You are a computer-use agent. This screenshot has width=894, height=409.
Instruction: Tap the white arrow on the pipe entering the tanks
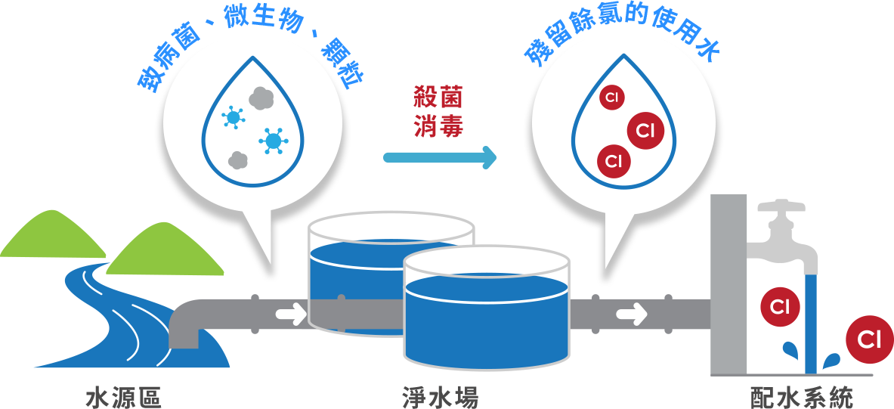coord(289,313)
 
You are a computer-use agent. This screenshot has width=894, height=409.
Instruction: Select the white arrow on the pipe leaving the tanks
coord(632,313)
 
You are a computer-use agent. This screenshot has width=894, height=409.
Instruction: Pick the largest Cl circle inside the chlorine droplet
coord(645,131)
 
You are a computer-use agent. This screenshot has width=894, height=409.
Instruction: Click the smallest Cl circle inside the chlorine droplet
coord(611,98)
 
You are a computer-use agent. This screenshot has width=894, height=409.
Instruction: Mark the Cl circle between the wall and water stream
coord(780,307)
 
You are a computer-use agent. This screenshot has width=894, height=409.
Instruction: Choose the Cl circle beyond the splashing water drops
coord(869,339)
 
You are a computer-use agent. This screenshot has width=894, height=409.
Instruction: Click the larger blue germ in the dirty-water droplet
coord(273,141)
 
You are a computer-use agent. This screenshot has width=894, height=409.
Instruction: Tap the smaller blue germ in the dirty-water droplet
coord(234,117)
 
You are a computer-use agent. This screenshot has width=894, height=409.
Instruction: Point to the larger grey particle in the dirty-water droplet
coord(261,98)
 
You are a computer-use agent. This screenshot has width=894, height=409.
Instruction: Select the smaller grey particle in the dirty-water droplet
coord(238,160)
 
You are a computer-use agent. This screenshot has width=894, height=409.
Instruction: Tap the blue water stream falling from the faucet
coord(811,325)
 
